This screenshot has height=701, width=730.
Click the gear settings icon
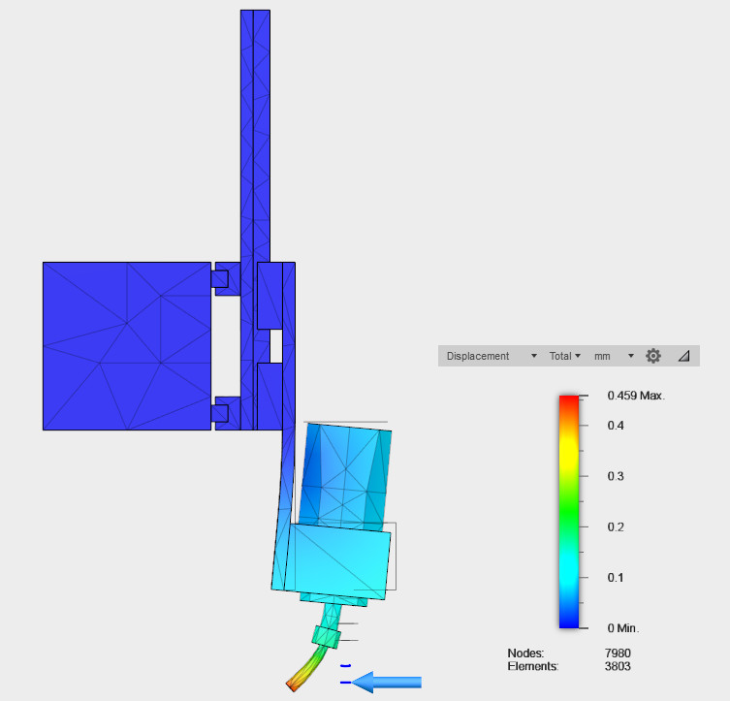pyautogui.click(x=653, y=356)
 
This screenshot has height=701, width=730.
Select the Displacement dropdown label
pyautogui.click(x=478, y=356)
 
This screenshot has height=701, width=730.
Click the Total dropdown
pyautogui.click(x=565, y=356)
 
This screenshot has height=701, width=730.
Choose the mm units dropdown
pyautogui.click(x=614, y=356)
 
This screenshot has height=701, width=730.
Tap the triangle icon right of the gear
pyautogui.click(x=683, y=356)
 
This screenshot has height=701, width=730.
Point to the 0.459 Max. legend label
pyautogui.click(x=636, y=396)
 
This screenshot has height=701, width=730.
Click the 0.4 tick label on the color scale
pyautogui.click(x=616, y=426)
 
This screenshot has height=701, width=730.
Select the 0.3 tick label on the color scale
pyautogui.click(x=616, y=476)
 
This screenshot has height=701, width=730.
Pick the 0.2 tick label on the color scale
pyautogui.click(x=616, y=526)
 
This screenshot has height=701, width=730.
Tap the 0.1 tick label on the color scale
pyautogui.click(x=616, y=578)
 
